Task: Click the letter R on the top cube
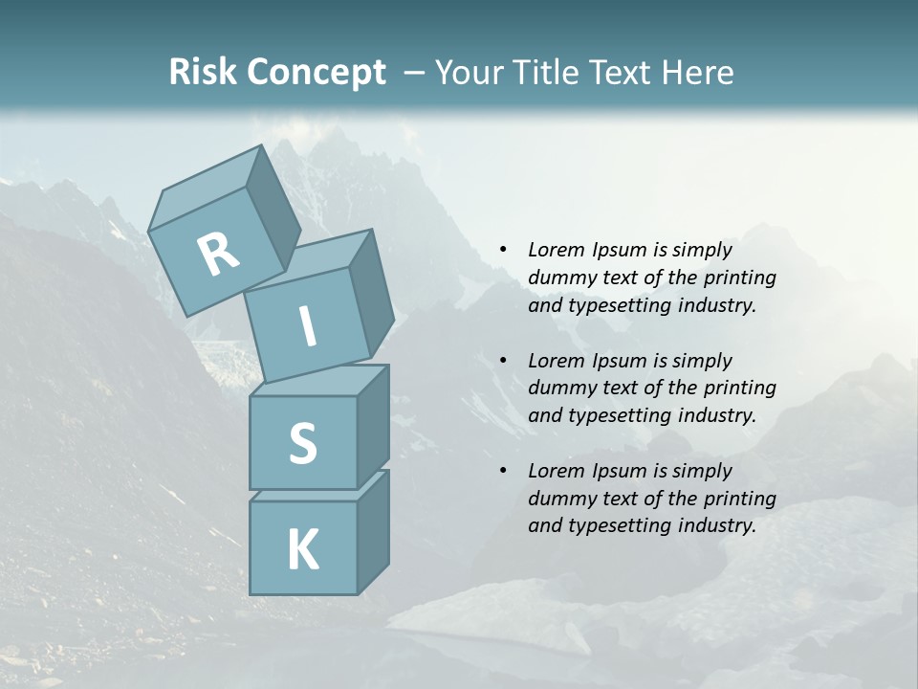[x=218, y=255]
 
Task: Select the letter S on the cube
[x=302, y=443]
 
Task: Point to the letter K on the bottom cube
[x=302, y=550]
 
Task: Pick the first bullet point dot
[x=503, y=250]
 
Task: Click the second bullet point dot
[x=503, y=361]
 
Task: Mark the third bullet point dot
[x=503, y=471]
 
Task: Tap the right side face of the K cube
[x=373, y=531]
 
